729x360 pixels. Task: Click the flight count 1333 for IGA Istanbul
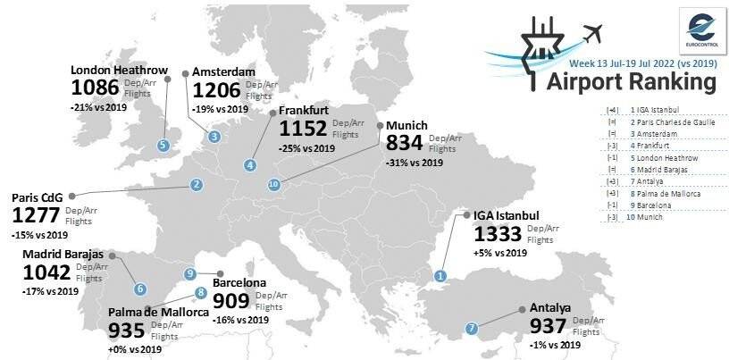(x=501, y=235)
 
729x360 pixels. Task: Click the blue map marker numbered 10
(x=273, y=184)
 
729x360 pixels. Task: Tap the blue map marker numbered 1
(x=440, y=275)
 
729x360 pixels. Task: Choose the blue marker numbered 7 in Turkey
(x=472, y=328)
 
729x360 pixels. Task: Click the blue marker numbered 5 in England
(x=163, y=145)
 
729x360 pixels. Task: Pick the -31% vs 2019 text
(x=415, y=163)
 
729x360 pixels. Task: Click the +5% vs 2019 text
(x=500, y=254)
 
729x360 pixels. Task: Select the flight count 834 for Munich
(x=405, y=143)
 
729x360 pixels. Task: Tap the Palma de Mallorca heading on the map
(x=158, y=313)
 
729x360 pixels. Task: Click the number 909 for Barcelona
(x=231, y=302)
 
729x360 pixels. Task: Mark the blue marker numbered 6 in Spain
(x=140, y=289)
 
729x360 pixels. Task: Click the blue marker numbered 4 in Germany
(x=250, y=164)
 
